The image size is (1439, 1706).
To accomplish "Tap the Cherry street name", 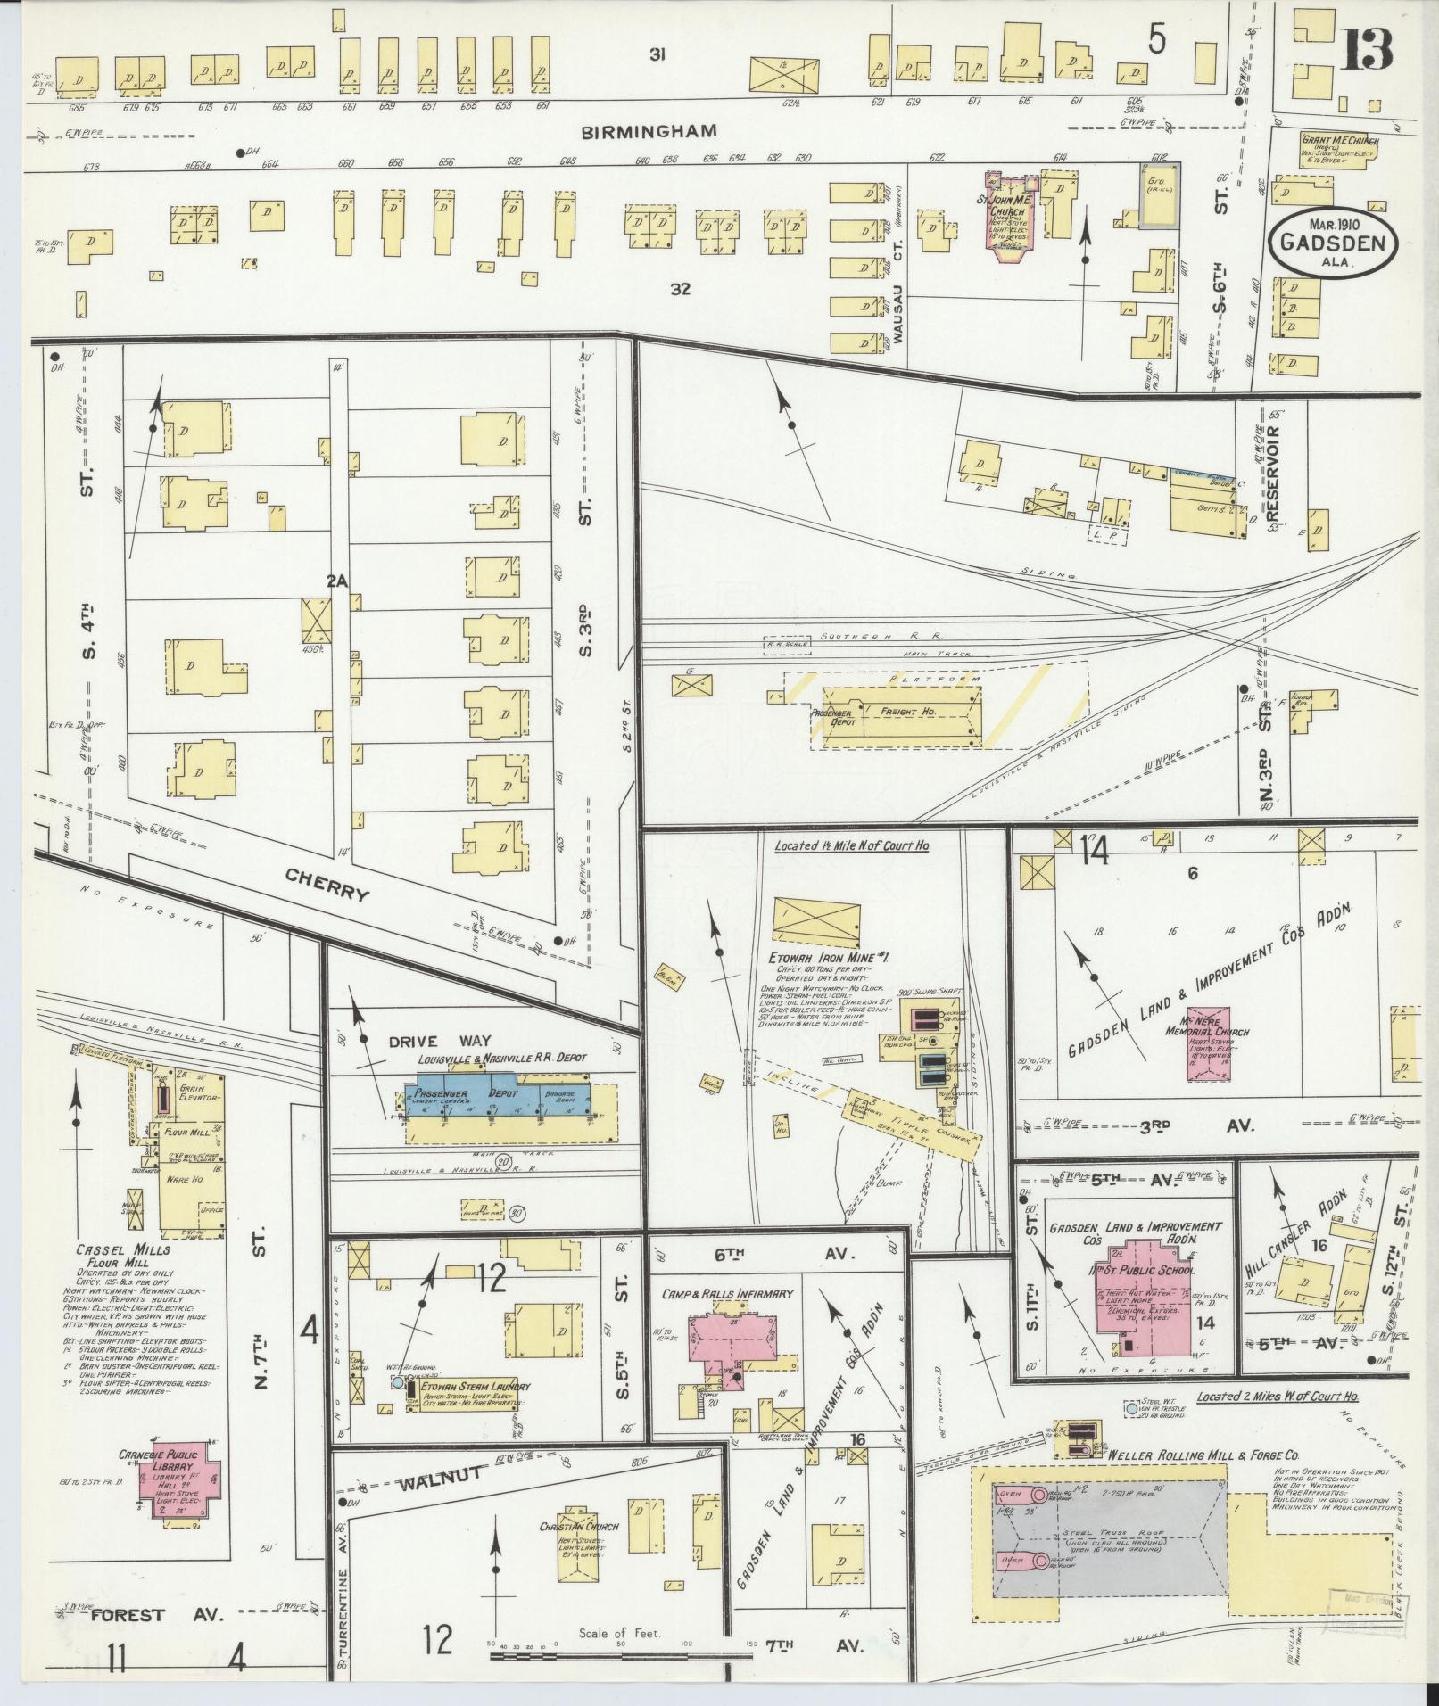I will coord(326,885).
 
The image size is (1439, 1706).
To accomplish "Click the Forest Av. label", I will coord(156,1615).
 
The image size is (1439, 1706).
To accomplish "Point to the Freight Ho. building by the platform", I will coord(914,714).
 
